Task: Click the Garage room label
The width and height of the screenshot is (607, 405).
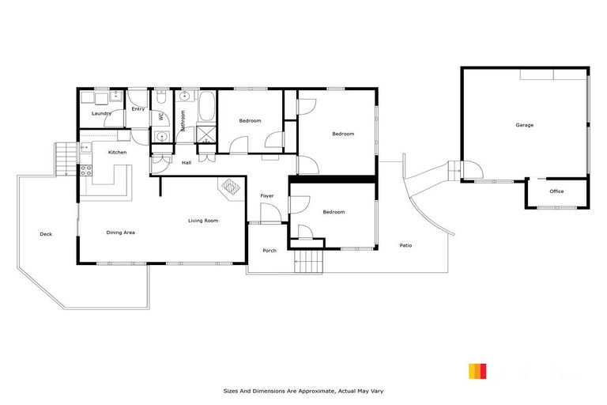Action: pos(524,125)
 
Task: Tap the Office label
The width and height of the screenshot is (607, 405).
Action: pos(556,191)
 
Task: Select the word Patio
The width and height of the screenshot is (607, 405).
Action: pos(405,245)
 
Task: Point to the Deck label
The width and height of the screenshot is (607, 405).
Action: pos(46,234)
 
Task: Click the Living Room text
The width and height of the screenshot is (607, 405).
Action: pos(203,221)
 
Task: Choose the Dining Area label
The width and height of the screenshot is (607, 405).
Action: pos(121,233)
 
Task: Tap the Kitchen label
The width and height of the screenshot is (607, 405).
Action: pos(117,152)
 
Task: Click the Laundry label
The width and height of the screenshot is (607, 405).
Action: pos(101,114)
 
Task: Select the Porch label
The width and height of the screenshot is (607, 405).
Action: pos(270,252)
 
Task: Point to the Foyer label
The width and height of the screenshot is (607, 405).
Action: pos(267,195)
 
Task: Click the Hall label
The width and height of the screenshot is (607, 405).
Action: pos(187,163)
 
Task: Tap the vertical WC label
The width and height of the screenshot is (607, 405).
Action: pos(160,116)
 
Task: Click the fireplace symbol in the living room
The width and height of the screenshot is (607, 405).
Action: pos(230,187)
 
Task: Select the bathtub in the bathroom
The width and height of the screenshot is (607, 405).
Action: pos(206,107)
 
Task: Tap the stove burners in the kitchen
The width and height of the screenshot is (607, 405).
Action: pos(86,169)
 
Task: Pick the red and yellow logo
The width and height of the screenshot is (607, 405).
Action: pos(477,371)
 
